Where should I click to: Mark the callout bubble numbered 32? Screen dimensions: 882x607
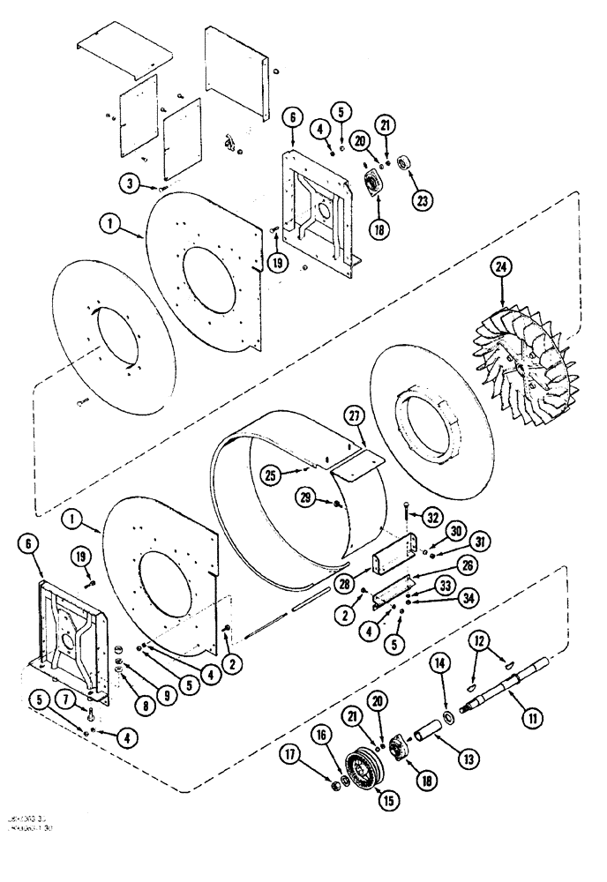(x=431, y=518)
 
